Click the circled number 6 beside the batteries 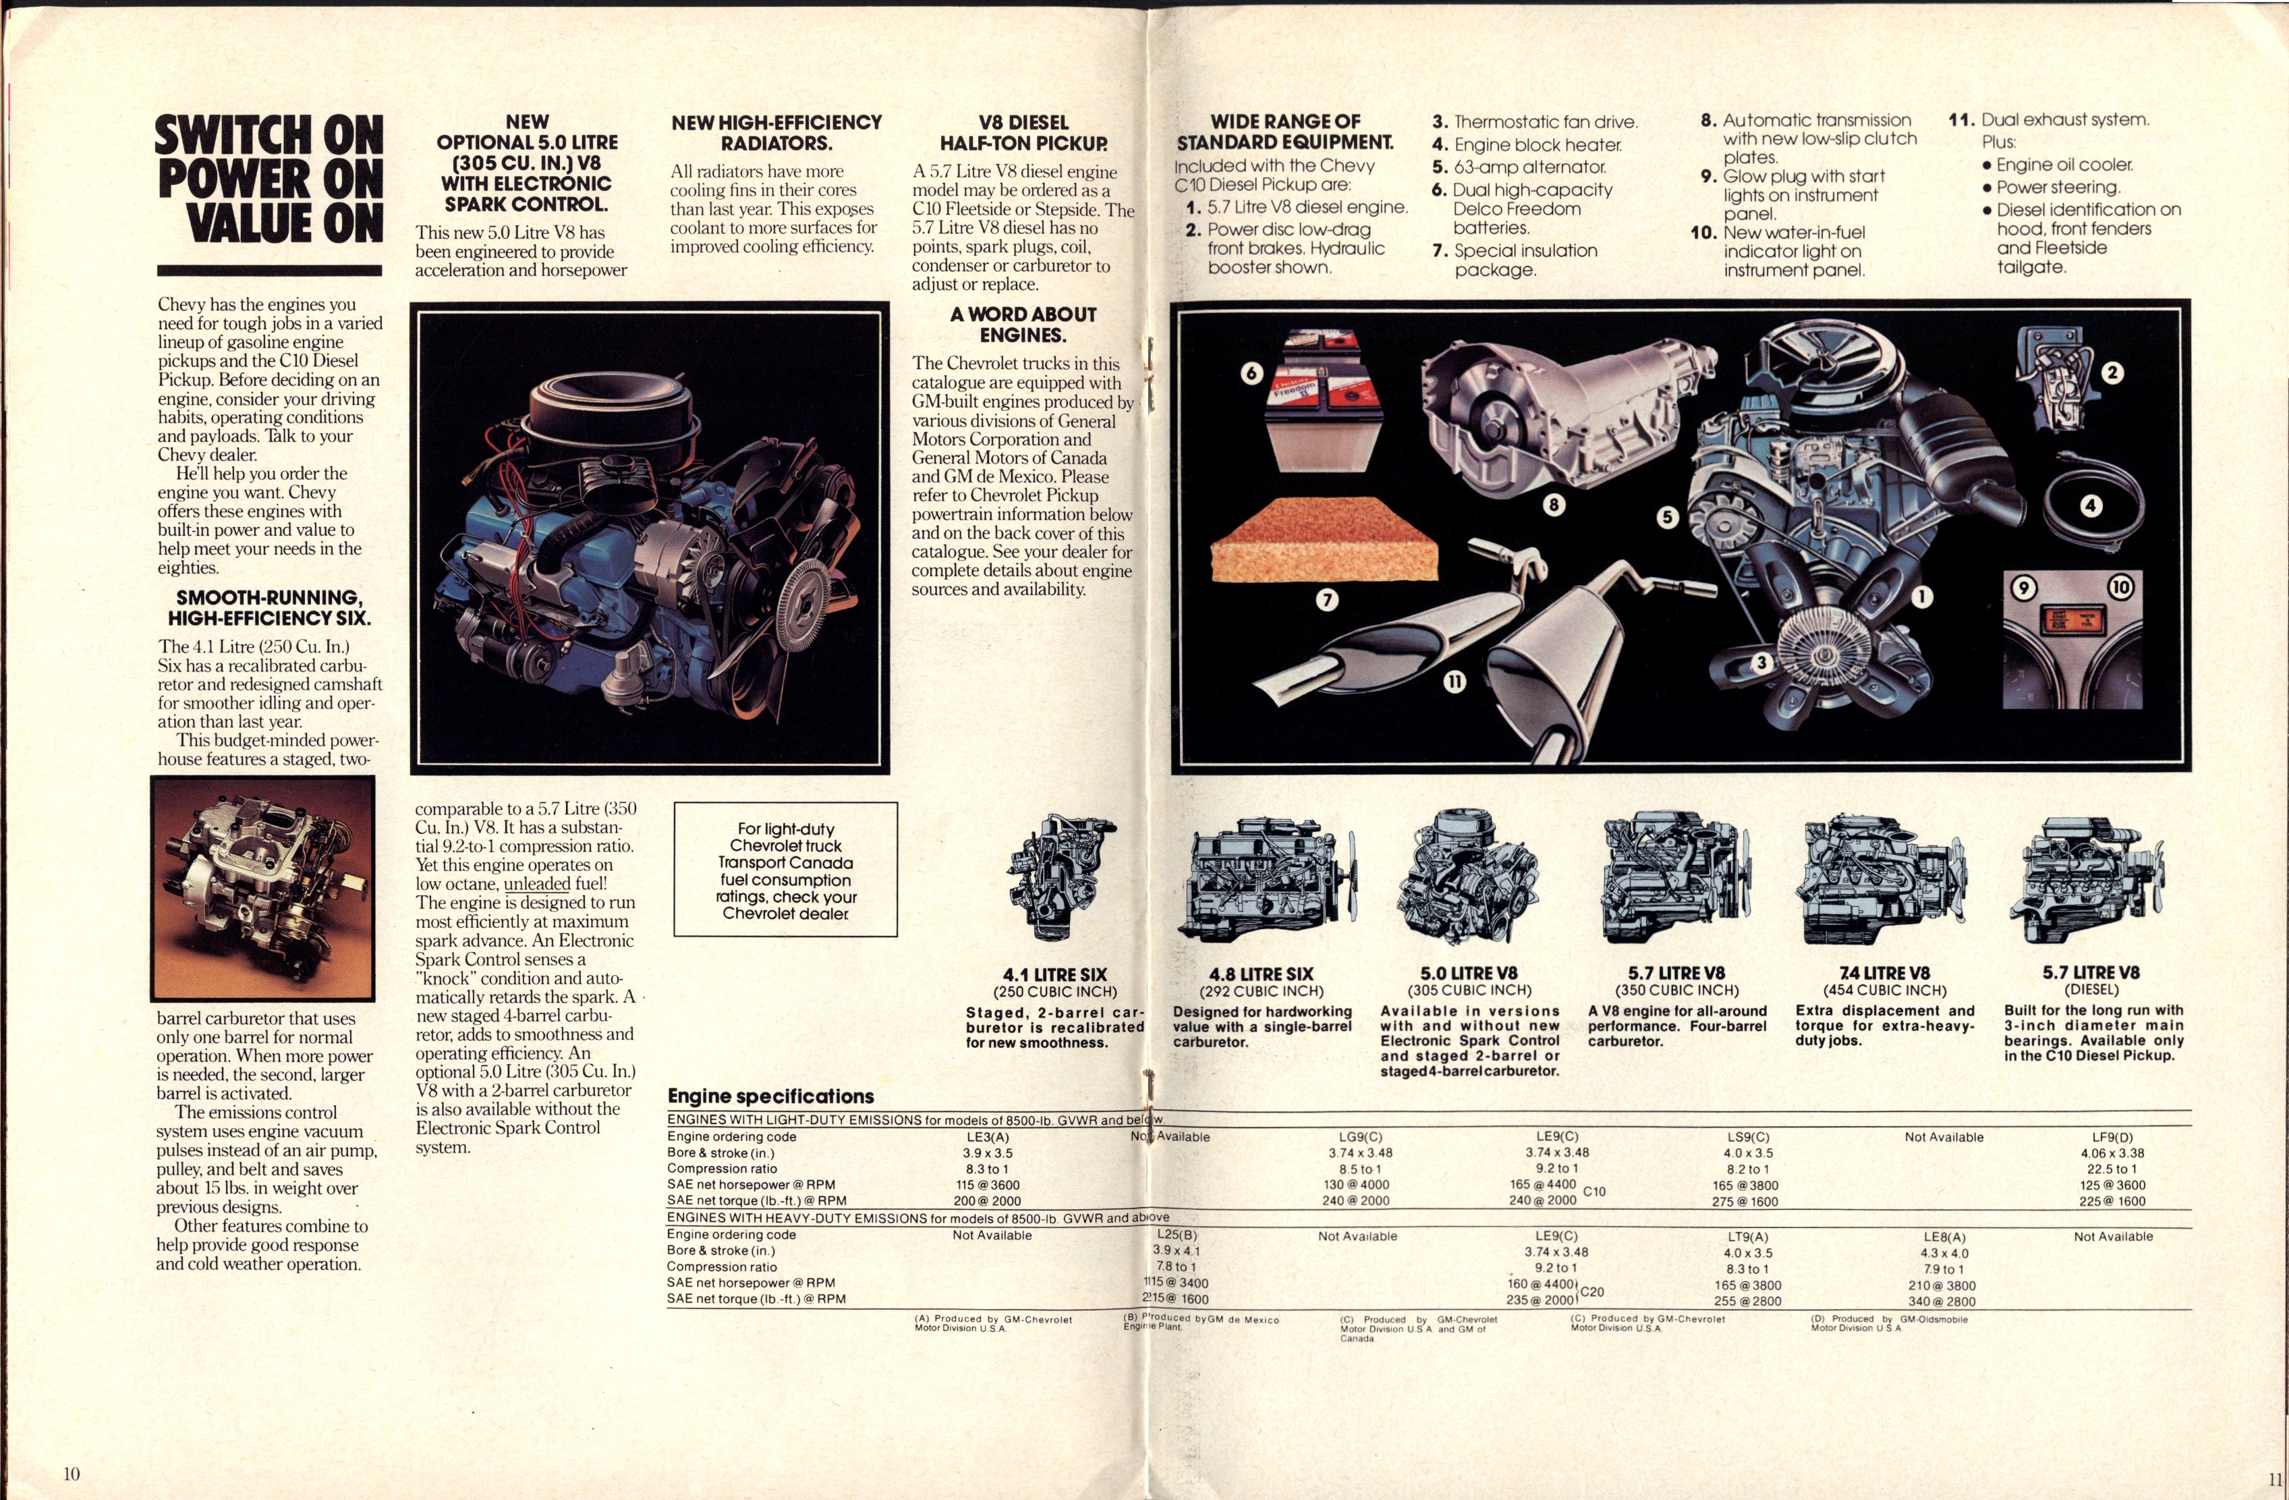pyautogui.click(x=1251, y=373)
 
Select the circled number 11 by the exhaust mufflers pyautogui.click(x=1454, y=682)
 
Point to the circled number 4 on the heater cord pyautogui.click(x=2090, y=505)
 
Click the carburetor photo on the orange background pyautogui.click(x=262, y=888)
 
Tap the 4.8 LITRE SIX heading pyautogui.click(x=1261, y=974)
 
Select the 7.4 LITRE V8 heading pyautogui.click(x=1884, y=973)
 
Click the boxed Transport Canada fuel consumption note pyautogui.click(x=786, y=870)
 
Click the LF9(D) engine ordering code pyautogui.click(x=2112, y=1136)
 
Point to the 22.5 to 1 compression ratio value pyautogui.click(x=2112, y=1169)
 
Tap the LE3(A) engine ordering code pyautogui.click(x=988, y=1136)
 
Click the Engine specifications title pyautogui.click(x=770, y=1096)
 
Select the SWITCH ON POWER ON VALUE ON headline pyautogui.click(x=269, y=179)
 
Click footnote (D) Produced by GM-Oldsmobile pyautogui.click(x=1888, y=1323)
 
